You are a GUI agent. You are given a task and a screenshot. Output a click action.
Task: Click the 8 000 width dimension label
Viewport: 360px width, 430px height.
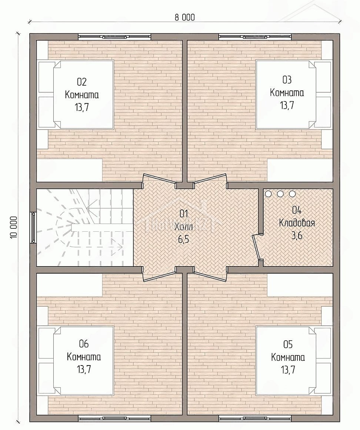185,17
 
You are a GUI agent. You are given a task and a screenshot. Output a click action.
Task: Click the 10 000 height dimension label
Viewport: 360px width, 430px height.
14,227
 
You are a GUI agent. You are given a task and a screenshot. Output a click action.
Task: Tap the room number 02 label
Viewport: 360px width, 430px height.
82,82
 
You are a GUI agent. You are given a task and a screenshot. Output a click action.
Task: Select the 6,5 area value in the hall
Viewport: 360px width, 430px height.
184,239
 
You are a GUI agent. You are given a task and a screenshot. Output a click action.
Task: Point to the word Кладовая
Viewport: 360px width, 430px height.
297,223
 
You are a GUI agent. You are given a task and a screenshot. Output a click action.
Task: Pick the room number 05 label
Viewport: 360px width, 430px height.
288,344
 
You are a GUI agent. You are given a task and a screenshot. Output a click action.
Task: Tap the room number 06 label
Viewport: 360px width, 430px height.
84,344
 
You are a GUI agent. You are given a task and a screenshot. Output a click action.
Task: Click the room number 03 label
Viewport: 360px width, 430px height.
287,80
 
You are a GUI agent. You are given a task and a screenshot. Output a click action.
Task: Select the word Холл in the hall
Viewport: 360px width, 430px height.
184,227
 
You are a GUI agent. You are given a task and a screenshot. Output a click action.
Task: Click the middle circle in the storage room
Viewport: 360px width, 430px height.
280,193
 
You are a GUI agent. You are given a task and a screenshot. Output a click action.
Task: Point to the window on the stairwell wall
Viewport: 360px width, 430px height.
33,227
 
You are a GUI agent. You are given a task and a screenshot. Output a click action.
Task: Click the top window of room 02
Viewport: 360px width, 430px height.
114,37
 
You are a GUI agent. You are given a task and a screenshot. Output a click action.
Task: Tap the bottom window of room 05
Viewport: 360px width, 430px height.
255,418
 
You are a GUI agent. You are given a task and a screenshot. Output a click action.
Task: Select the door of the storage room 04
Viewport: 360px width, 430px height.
256,247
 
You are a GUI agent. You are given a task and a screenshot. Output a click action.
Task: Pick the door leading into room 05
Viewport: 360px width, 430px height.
210,275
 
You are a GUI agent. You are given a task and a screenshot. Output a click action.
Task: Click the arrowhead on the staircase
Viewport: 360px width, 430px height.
119,246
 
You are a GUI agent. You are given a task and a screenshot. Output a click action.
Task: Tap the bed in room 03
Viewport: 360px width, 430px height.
293,95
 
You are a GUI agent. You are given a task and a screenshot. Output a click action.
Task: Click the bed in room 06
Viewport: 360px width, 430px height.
76,360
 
